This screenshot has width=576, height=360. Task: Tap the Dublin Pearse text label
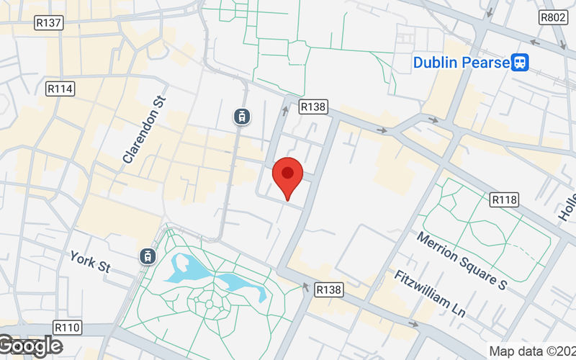461,63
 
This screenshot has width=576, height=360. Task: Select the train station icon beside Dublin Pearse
521,63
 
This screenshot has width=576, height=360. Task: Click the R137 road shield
49,23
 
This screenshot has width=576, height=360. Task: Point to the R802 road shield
554,17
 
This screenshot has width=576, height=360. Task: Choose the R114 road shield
60,89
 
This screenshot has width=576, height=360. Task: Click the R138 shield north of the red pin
313,107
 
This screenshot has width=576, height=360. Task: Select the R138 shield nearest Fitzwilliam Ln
329,289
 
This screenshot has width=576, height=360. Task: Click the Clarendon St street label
144,130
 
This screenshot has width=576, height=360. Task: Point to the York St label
89,261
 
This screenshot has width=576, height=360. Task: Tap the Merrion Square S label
462,259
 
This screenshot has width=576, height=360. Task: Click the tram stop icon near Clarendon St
242,116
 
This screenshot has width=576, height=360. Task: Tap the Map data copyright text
532,351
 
